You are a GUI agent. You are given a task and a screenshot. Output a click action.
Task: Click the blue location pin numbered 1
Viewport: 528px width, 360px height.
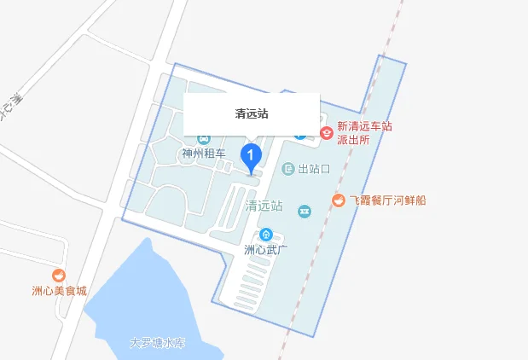click(251, 155)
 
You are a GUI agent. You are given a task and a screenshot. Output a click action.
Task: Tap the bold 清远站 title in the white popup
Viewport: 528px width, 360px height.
click(252, 113)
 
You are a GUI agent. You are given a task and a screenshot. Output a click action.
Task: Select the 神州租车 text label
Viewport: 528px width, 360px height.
click(203, 154)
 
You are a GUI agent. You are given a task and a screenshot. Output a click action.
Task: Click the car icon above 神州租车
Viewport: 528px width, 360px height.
click(204, 138)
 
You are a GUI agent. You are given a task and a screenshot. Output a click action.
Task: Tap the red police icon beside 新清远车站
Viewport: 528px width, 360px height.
click(326, 133)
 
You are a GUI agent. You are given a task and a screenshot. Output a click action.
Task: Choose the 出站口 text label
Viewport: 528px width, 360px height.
click(314, 169)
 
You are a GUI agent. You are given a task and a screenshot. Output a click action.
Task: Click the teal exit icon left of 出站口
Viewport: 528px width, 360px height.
click(288, 169)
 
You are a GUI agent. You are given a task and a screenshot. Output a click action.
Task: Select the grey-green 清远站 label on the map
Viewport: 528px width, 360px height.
click(263, 206)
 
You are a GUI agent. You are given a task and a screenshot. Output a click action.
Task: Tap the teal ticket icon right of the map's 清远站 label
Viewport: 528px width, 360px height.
click(304, 210)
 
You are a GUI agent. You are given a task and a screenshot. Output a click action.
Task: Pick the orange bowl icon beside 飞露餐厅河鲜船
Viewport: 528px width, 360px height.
click(339, 200)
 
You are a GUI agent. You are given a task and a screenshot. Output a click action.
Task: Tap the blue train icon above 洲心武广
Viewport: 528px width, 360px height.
click(265, 234)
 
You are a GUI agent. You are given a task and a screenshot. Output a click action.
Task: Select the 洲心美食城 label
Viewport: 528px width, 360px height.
click(60, 291)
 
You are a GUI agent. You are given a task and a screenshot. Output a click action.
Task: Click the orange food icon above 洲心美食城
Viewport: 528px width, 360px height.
click(59, 275)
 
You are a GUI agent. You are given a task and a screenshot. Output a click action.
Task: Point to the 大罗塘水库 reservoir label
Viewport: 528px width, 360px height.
click(157, 343)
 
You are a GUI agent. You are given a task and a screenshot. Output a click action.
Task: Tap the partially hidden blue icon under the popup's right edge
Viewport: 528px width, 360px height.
click(300, 135)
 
